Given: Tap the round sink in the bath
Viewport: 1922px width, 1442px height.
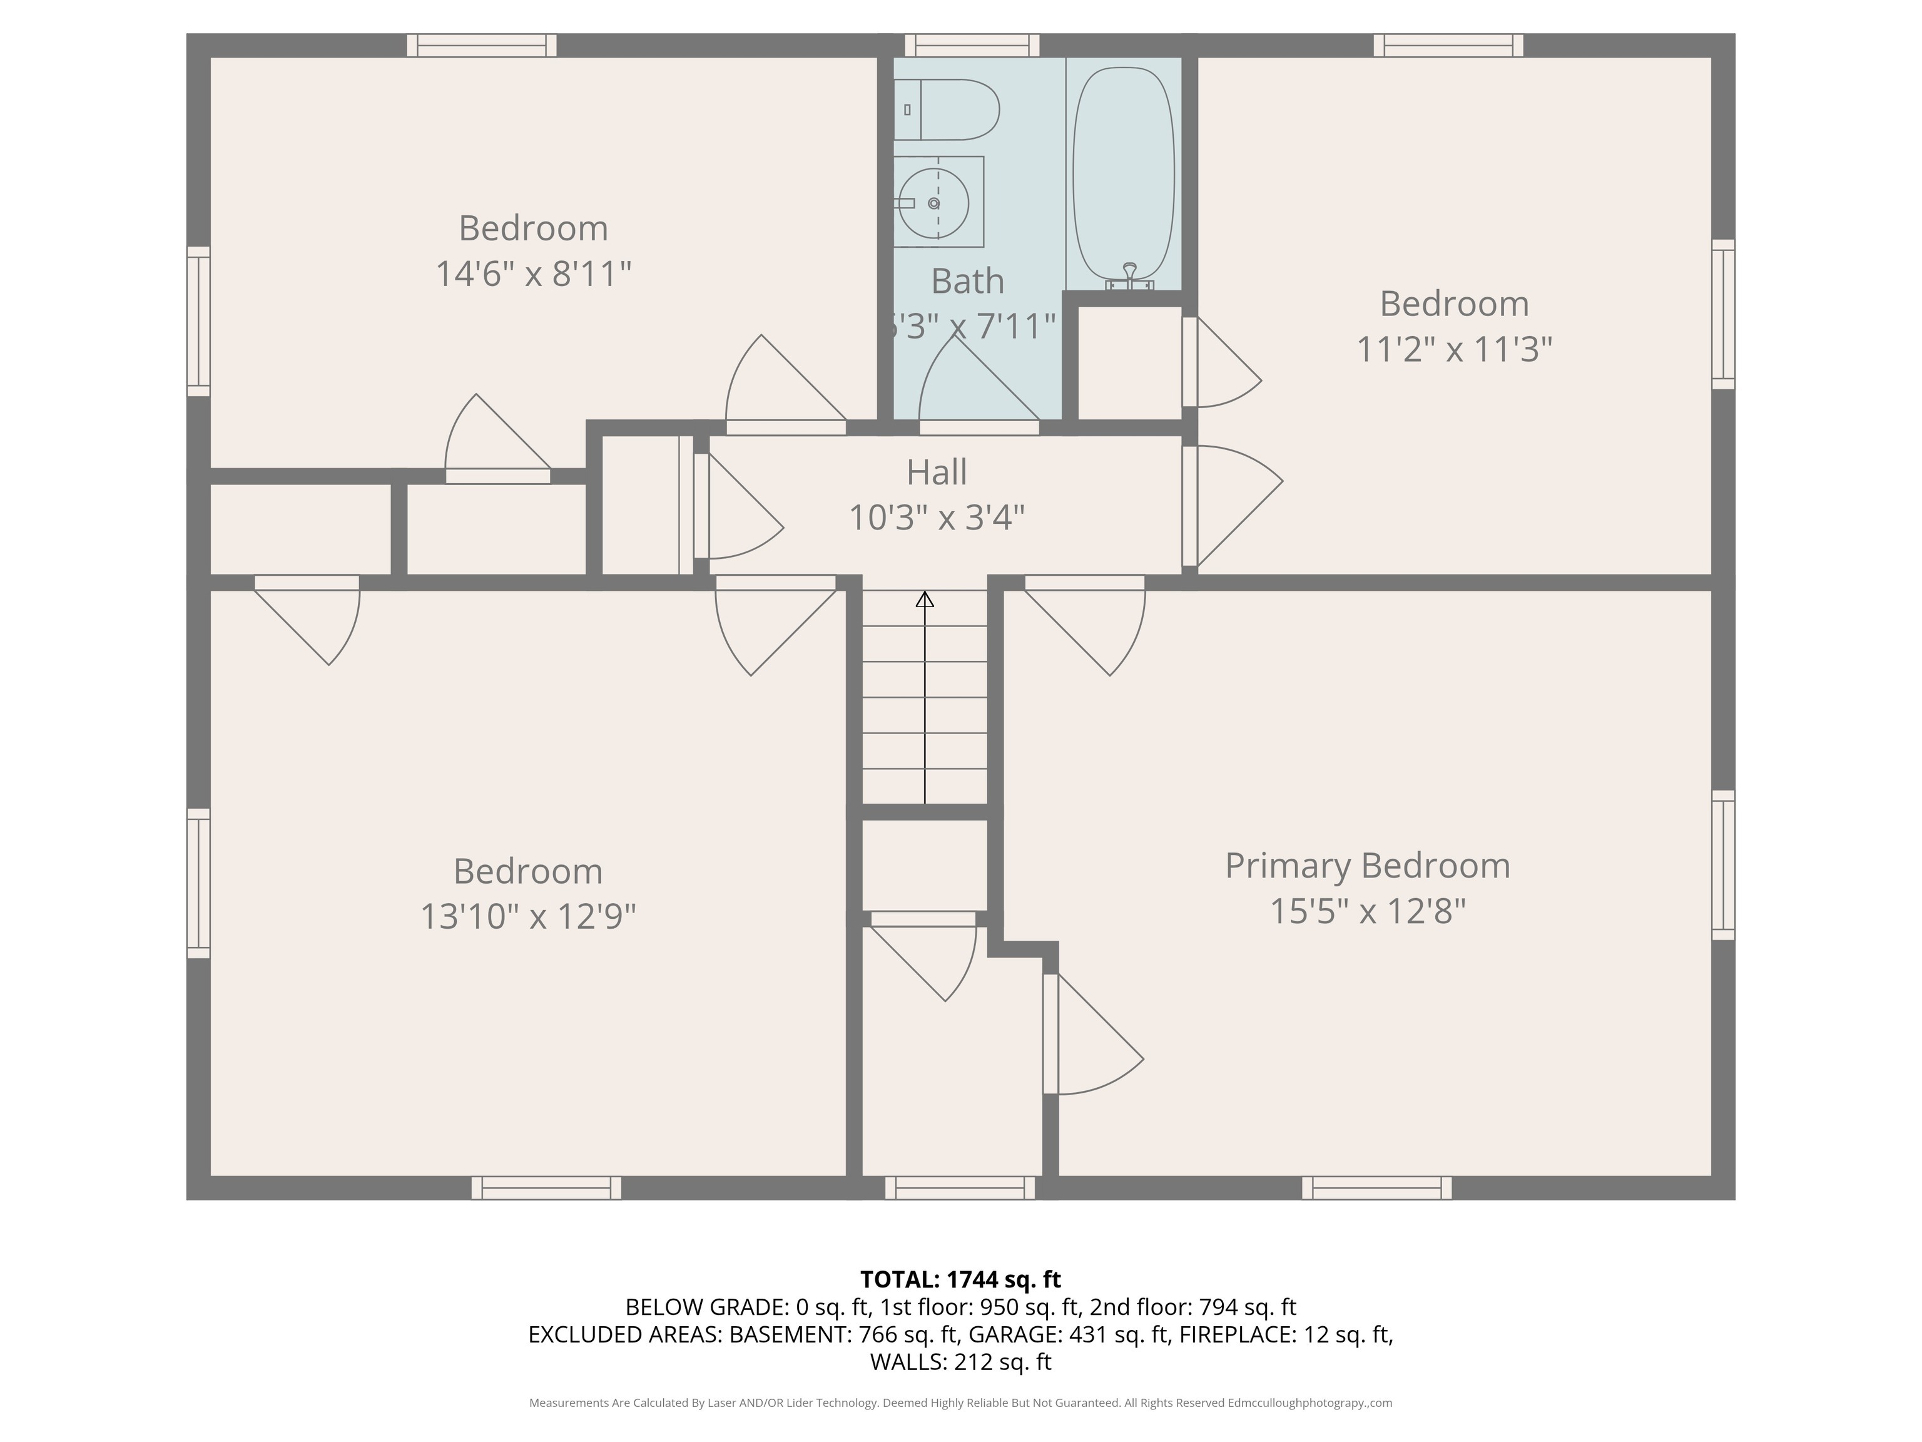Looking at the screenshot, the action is (934, 203).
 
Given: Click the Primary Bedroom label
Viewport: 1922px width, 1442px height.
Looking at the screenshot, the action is (1368, 866).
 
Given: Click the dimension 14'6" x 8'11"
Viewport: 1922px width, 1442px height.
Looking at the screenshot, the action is (532, 274).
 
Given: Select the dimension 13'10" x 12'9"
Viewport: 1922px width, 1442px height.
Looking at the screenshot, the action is (528, 916).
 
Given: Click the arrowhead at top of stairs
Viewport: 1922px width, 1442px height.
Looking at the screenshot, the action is (925, 599).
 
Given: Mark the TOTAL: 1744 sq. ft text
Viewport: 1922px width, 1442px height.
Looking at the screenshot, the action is (960, 1279).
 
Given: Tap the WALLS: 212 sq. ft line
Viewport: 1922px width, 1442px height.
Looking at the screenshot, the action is (961, 1362).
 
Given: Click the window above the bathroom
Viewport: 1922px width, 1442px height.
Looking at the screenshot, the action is (972, 45).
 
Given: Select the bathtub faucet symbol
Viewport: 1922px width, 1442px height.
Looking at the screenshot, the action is (1129, 277).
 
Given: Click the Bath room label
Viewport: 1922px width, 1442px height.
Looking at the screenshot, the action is (968, 282).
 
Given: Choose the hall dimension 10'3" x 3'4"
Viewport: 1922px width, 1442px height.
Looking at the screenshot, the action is (937, 518).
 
